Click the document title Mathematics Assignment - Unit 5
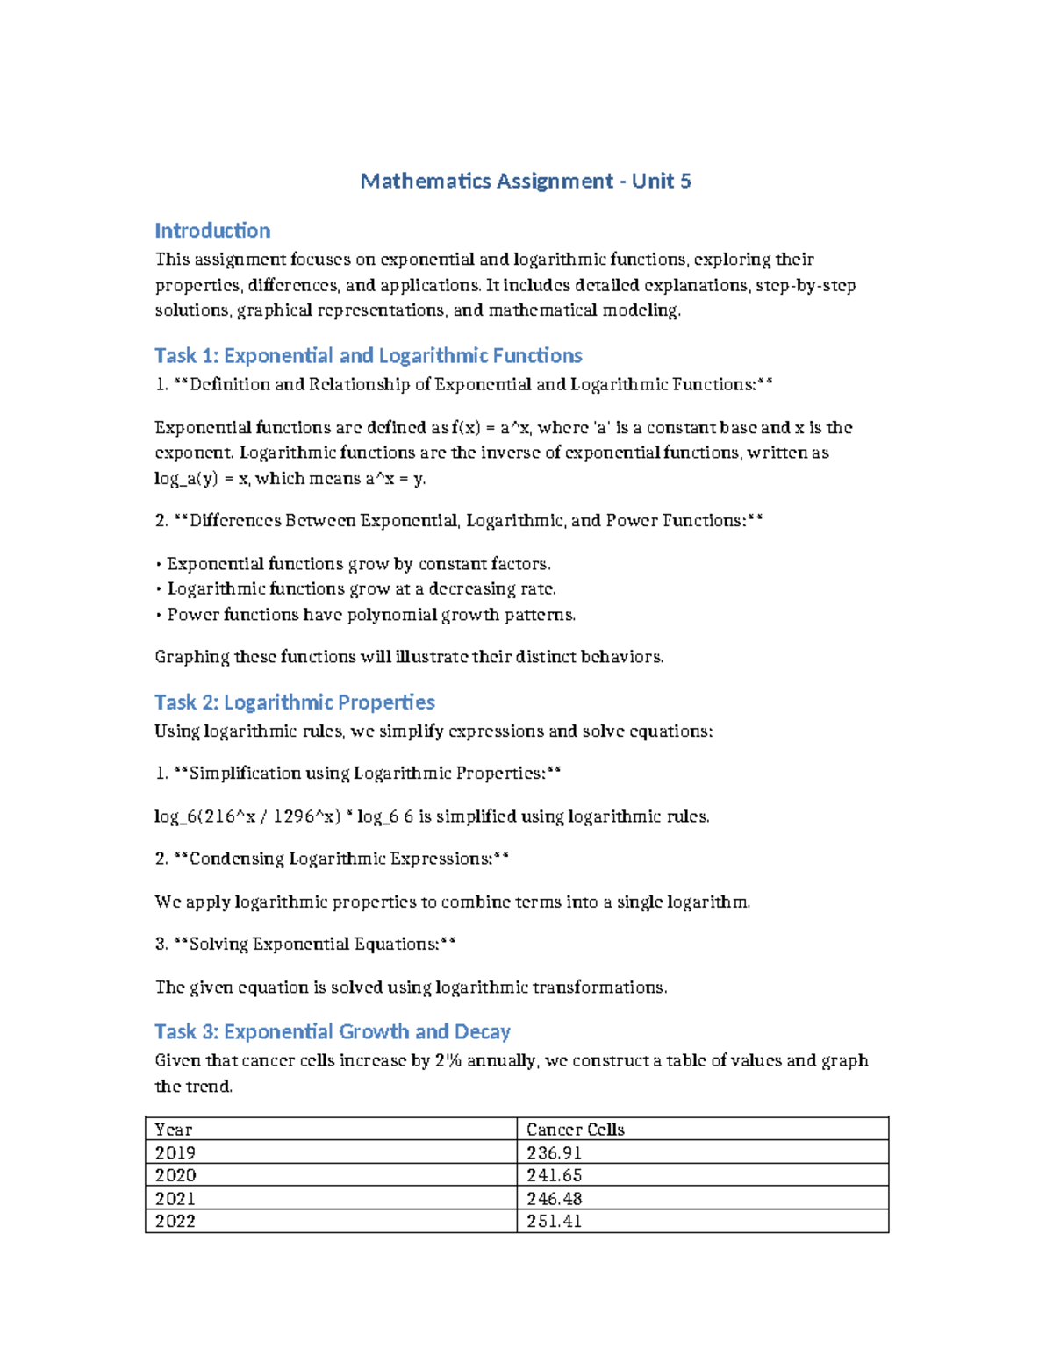pyautogui.click(x=526, y=182)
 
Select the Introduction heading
pyautogui.click(x=212, y=231)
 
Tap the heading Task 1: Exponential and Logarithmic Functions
pyautogui.click(x=368, y=355)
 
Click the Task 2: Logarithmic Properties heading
pyautogui.click(x=294, y=702)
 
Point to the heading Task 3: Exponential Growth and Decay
pyautogui.click(x=332, y=1031)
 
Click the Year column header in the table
pyautogui.click(x=173, y=1130)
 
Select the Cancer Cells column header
pyautogui.click(x=575, y=1130)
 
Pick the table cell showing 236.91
pyautogui.click(x=554, y=1152)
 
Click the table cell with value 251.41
pyautogui.click(x=554, y=1221)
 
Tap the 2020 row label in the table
pyautogui.click(x=175, y=1175)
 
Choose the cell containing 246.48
pyautogui.click(x=554, y=1198)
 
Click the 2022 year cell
pyautogui.click(x=175, y=1221)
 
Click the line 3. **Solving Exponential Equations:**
pyautogui.click(x=304, y=945)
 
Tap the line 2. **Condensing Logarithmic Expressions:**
pyautogui.click(x=332, y=859)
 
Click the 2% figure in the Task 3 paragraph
pyautogui.click(x=448, y=1060)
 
